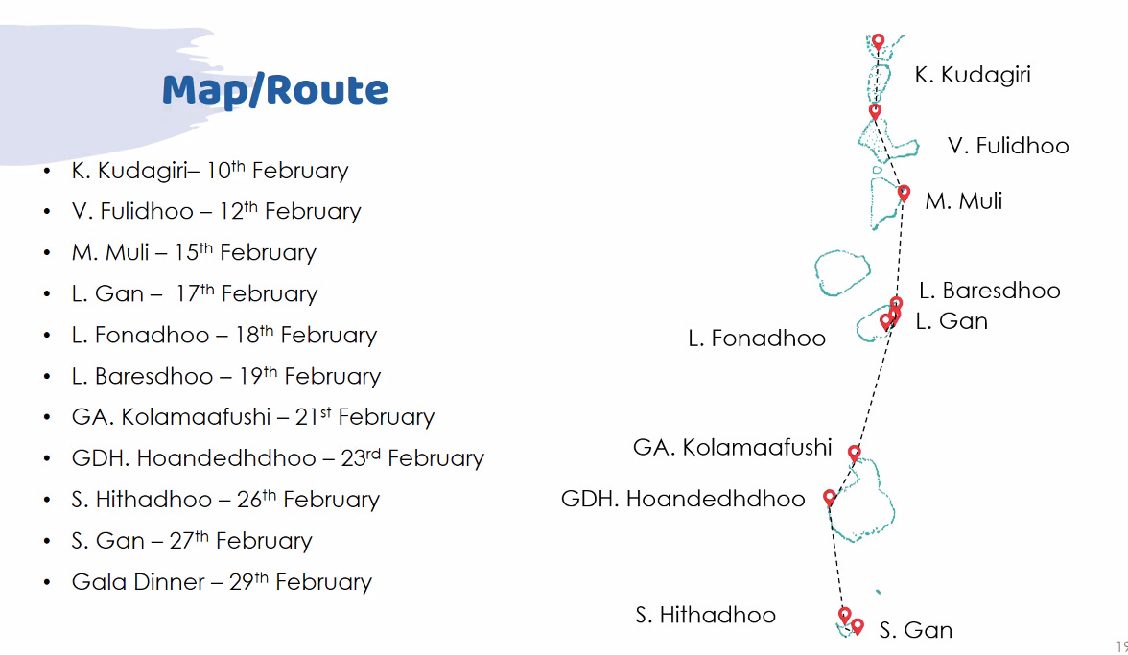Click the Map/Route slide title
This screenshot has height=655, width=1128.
[x=275, y=90]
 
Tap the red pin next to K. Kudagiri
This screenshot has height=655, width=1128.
[x=878, y=42]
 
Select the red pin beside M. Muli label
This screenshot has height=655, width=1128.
[x=904, y=193]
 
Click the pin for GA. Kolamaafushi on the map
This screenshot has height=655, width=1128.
[x=854, y=452]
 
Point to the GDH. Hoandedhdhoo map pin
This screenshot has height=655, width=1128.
[x=830, y=497]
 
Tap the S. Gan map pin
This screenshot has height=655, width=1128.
[x=858, y=625]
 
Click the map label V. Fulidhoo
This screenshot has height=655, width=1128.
[x=1008, y=146]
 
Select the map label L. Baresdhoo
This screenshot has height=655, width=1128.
[x=989, y=291]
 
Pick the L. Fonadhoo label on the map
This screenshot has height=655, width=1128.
[x=757, y=339]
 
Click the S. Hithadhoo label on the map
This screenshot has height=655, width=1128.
[x=705, y=615]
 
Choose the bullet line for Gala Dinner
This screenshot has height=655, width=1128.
[x=222, y=582]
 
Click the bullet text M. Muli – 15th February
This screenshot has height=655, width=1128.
[x=194, y=253]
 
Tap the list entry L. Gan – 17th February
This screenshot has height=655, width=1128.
[x=194, y=294]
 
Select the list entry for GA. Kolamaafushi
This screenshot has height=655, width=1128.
[x=252, y=417]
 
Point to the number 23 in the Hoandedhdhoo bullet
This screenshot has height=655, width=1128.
[x=353, y=459]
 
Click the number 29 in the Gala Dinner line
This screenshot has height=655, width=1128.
[x=242, y=583]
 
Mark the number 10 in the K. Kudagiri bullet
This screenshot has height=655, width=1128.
[x=219, y=172]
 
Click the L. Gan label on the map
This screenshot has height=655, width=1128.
[x=952, y=321]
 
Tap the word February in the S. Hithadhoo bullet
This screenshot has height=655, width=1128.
[x=331, y=500]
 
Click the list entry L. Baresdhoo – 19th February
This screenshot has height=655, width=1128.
[x=225, y=376]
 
